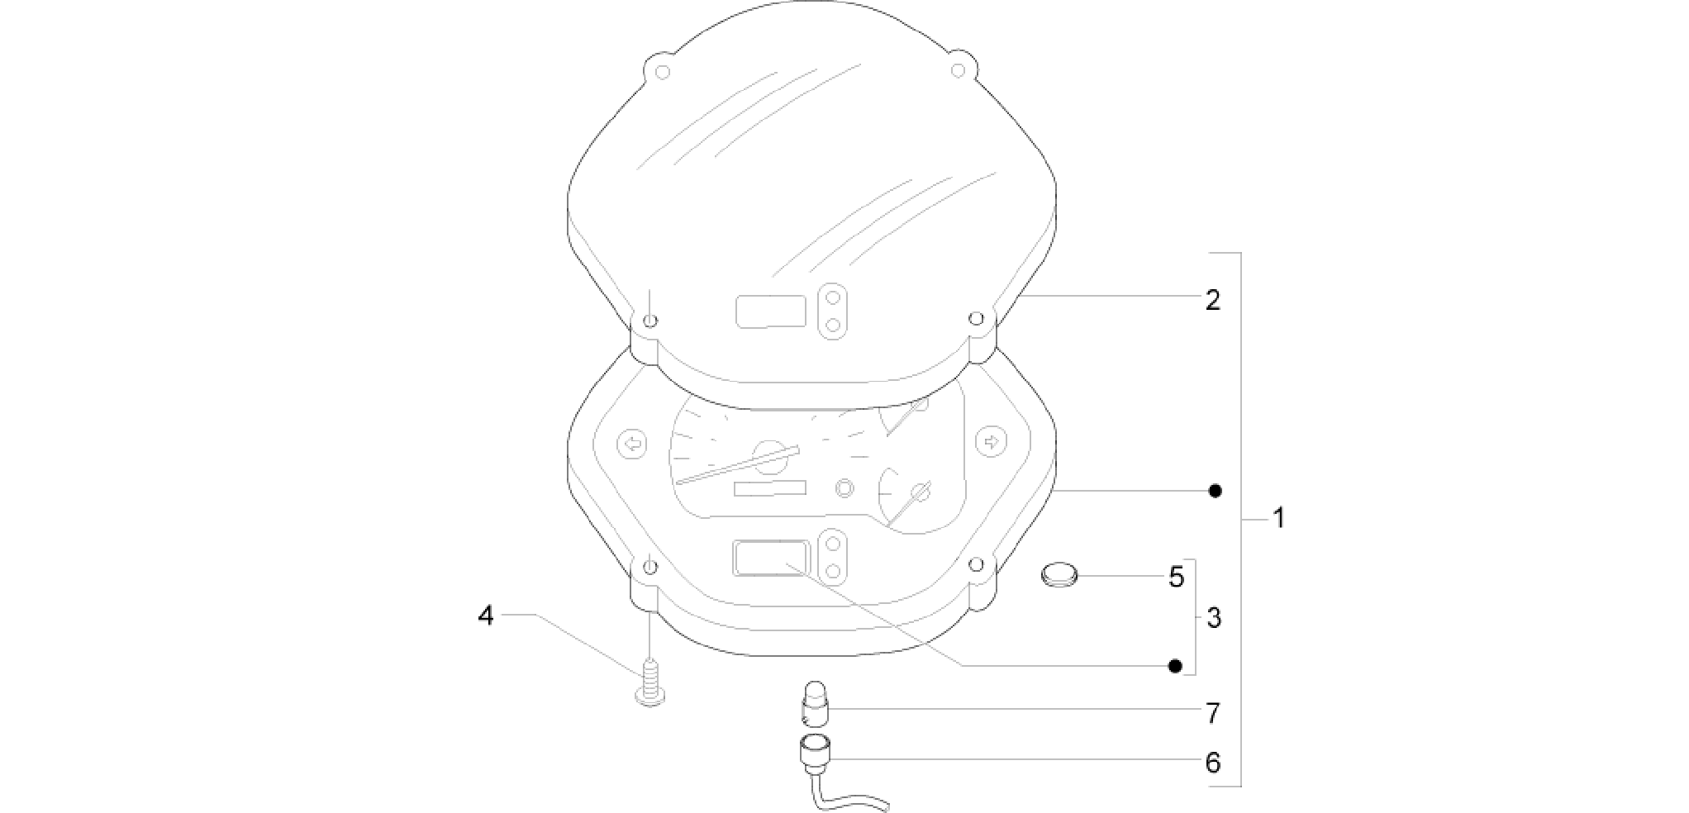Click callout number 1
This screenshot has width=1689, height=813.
click(x=1278, y=519)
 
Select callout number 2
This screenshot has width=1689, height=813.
click(x=1212, y=300)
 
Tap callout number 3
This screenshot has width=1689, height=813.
click(x=1213, y=618)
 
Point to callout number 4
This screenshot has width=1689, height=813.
click(x=486, y=616)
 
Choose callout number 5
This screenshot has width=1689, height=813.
click(x=1177, y=577)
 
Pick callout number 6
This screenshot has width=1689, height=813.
click(x=1212, y=762)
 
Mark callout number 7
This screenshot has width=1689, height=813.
click(x=1212, y=712)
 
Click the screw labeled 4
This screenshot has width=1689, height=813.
click(x=651, y=683)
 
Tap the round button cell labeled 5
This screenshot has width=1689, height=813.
click(x=1059, y=573)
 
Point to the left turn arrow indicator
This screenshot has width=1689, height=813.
click(x=632, y=443)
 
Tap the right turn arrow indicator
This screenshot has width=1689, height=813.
click(x=991, y=441)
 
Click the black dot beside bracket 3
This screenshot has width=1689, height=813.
click(x=1175, y=666)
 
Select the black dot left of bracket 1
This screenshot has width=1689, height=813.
click(x=1215, y=491)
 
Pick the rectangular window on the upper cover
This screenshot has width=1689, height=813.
click(x=771, y=311)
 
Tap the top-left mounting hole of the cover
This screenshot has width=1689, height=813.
click(x=662, y=71)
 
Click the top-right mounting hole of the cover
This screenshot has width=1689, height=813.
click(x=958, y=70)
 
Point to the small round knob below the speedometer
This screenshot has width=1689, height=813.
click(x=844, y=487)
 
